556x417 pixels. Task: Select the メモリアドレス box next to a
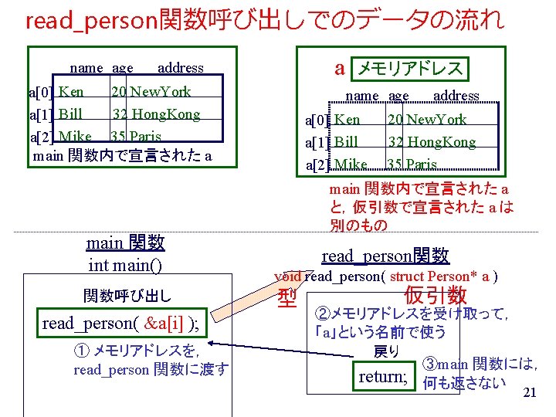[x=409, y=69]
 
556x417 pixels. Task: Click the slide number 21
[x=529, y=393]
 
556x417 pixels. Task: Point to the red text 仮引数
[x=435, y=295]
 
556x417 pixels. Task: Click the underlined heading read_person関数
[x=385, y=256]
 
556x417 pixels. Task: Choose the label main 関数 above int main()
[x=125, y=243]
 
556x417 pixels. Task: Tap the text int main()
[x=125, y=265]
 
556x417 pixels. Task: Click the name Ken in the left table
[x=72, y=92]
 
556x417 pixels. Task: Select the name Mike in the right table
[x=351, y=164]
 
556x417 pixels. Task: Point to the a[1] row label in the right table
[x=318, y=143]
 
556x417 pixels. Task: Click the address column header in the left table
[x=180, y=68]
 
